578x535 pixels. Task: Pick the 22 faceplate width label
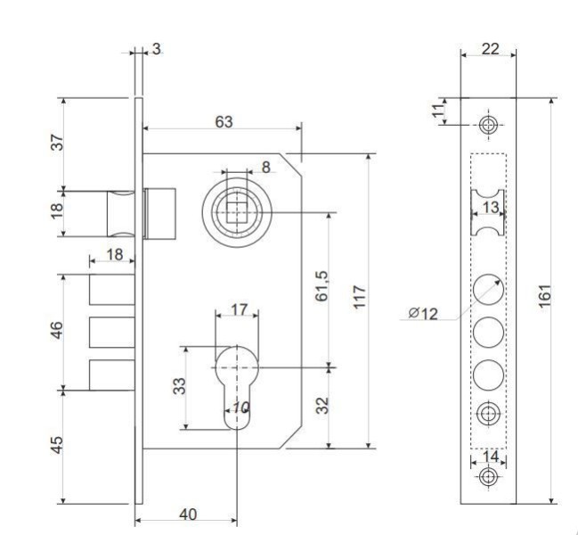[x=489, y=49]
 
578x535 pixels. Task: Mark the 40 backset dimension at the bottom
[x=188, y=514]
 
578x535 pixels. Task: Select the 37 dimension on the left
[x=55, y=142]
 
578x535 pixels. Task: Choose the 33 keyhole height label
[x=179, y=387]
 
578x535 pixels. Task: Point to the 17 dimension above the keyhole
[x=239, y=309]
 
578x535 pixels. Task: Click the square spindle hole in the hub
[x=237, y=213]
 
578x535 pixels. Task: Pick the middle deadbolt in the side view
[x=111, y=333]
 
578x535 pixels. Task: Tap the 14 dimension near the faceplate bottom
[x=487, y=455]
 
